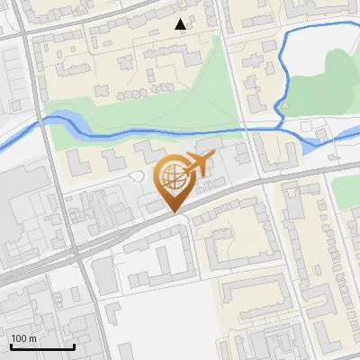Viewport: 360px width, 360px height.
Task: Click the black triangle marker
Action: click(181, 24)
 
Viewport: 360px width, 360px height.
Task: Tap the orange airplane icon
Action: click(199, 164)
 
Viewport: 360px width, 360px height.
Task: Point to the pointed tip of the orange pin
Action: click(174, 211)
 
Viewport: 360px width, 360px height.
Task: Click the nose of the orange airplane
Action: click(213, 156)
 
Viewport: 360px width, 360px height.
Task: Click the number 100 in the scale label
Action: click(19, 338)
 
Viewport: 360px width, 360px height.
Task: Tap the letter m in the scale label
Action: click(32, 338)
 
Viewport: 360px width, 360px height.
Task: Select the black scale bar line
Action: click(41, 346)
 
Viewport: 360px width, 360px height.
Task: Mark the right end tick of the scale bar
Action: click(74, 345)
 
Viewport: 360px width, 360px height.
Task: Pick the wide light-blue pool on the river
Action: click(67, 120)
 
